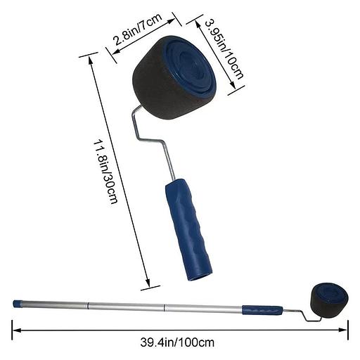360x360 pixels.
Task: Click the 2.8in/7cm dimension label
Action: click(x=138, y=30)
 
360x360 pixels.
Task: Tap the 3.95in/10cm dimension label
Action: click(x=224, y=49)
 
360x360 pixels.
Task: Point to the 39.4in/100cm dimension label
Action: click(x=177, y=342)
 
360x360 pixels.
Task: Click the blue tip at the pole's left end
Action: click(x=17, y=304)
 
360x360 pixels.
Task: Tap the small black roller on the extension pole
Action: click(x=330, y=300)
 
